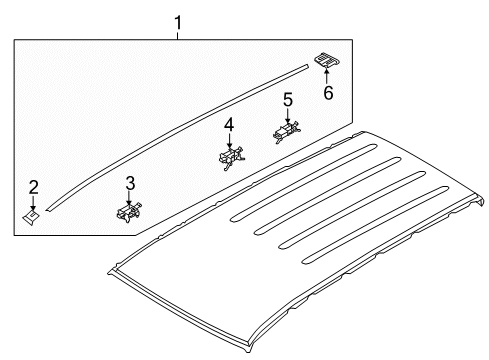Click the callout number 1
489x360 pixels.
point(178,23)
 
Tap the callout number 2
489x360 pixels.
point(33,188)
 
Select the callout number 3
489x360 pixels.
point(130,183)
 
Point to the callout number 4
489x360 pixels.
point(229,125)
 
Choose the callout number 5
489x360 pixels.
point(288,100)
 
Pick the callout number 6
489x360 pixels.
point(328,93)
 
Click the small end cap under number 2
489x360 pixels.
point(31,217)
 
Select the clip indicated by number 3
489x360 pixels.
point(129,213)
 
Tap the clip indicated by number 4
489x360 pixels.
point(231,158)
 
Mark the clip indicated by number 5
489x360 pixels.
point(287,132)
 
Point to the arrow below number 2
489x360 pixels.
point(33,203)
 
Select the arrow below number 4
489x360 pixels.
point(229,141)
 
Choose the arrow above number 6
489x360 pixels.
point(326,74)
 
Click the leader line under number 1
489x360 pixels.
point(178,36)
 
